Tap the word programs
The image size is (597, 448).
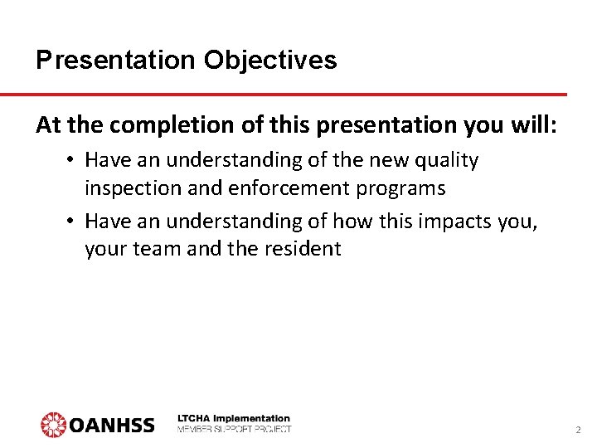pyautogui.click(x=402, y=188)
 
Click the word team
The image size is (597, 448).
pyautogui.click(x=158, y=249)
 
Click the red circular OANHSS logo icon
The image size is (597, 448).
pyautogui.click(x=53, y=424)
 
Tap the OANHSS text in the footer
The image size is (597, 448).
pyautogui.click(x=111, y=425)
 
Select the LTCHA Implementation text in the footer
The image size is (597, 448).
pyautogui.click(x=234, y=418)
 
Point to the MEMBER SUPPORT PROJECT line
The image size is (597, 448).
pyautogui.click(x=234, y=429)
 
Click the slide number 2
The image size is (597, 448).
pyautogui.click(x=578, y=431)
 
